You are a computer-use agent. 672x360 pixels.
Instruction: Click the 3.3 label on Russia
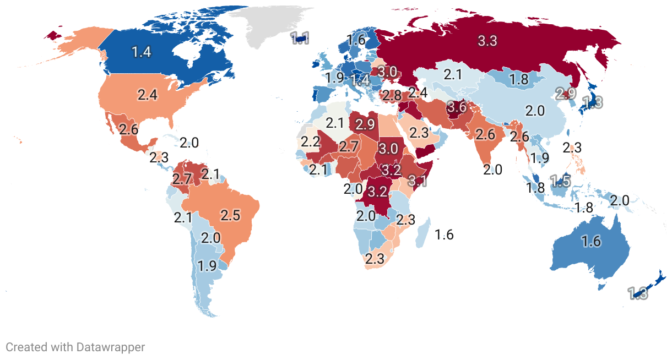pos(487,41)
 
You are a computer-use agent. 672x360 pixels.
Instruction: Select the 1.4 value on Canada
pos(142,52)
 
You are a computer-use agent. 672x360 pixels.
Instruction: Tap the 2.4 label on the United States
pos(148,95)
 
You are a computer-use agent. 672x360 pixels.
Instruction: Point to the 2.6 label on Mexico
pos(128,131)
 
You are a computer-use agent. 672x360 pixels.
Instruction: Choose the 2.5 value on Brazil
pos(230,215)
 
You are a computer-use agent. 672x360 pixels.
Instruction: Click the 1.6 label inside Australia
pos(591,241)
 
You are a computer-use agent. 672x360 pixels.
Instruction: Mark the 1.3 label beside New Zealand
pos(638,293)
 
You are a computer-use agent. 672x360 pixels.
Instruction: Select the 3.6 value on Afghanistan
pos(457,107)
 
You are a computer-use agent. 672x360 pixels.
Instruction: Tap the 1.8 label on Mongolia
pos(519,79)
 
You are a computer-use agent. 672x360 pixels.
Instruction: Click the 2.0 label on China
pos(534,111)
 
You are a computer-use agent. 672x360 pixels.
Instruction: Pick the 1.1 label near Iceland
pos(300,38)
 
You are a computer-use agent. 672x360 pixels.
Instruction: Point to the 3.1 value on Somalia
pos(417,180)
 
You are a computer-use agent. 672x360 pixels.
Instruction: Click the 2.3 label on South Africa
pos(375,259)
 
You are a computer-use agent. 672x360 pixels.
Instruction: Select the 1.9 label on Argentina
pos(207,266)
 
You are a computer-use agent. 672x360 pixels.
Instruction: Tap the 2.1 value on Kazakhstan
pos(452,74)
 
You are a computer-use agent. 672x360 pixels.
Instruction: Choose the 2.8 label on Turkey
pos(392,95)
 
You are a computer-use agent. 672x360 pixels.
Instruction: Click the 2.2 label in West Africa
pos(311,141)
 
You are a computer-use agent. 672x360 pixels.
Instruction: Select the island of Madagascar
pos(422,232)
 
